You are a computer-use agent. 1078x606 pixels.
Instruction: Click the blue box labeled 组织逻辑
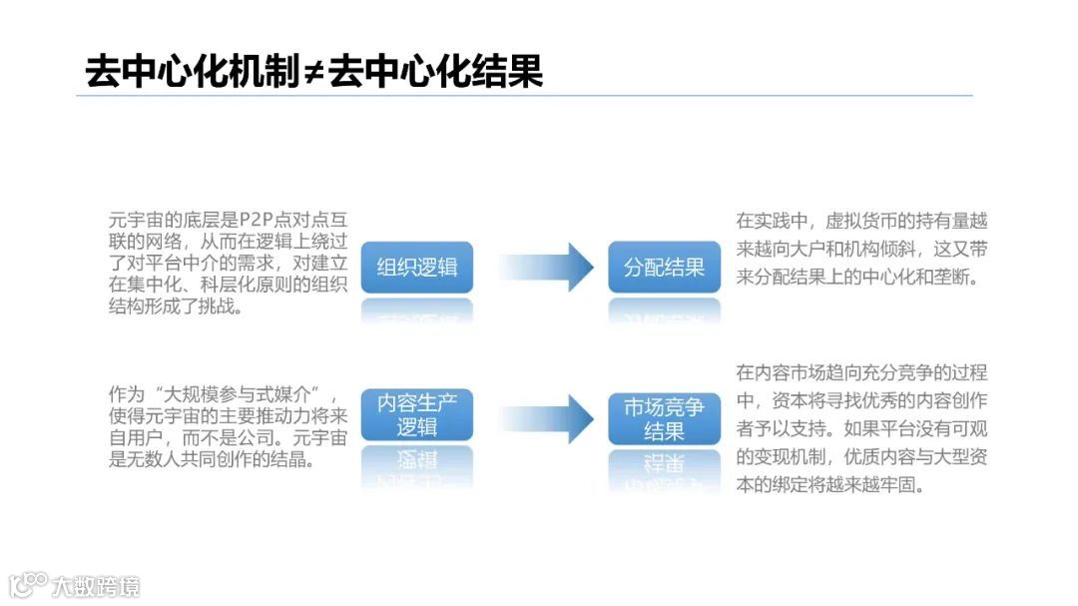416,268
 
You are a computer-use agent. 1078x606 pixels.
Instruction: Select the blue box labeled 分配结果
664,268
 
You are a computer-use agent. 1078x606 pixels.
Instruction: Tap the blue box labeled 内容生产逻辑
416,415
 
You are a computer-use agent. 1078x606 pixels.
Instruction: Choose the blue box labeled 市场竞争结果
664,419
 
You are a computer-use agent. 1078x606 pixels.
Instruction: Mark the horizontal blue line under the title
524,96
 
